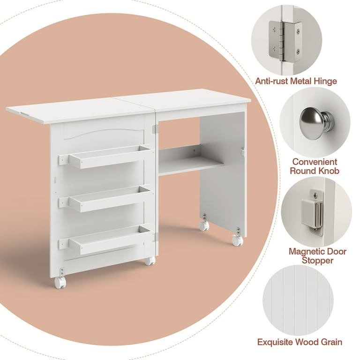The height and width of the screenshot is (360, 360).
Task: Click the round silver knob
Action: pos(316,123)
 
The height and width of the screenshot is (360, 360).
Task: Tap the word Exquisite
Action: pos(275,342)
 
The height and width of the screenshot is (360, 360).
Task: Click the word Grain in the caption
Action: pos(330,342)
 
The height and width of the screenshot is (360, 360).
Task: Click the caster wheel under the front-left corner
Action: pos(60,282)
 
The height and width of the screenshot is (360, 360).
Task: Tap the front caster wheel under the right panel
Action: pos(237,240)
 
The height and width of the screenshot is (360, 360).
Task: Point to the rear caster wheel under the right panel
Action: pos(204,225)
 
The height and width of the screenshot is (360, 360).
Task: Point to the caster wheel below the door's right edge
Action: pos(150,261)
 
